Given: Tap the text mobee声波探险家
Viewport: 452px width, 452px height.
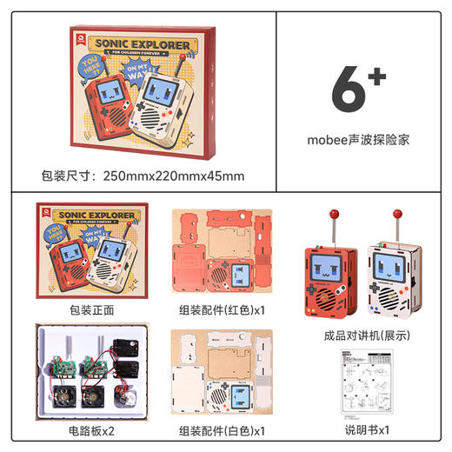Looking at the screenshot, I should pos(358,138).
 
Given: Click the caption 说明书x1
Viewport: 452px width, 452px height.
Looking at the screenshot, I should pos(359,430).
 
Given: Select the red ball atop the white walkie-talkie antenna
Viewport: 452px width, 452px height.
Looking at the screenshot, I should pos(397,212).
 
